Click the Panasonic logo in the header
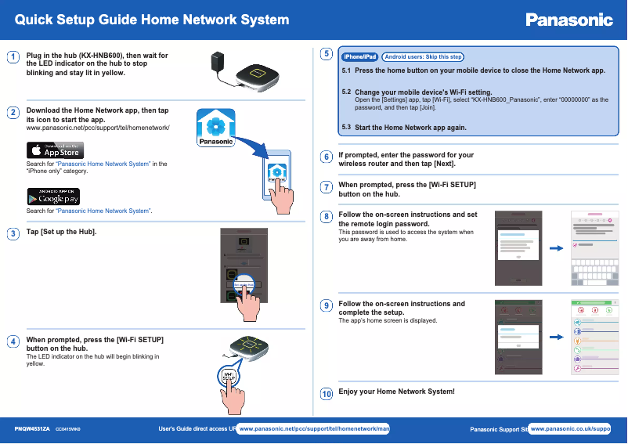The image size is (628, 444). (568, 20)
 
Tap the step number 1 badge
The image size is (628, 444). (13, 57)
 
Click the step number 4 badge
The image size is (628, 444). (13, 341)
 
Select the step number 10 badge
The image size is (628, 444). (327, 393)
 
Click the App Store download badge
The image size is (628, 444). (55, 150)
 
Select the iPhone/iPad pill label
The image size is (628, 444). (360, 56)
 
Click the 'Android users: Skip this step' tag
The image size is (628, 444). (423, 56)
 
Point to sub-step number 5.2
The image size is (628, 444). (347, 92)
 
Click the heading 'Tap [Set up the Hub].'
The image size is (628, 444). (62, 233)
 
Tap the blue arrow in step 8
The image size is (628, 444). (557, 248)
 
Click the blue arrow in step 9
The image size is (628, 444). (557, 338)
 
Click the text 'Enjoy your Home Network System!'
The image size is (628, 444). (396, 392)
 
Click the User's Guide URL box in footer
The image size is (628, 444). (314, 429)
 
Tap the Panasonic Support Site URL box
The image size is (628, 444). (569, 429)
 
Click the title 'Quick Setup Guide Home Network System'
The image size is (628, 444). (153, 20)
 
